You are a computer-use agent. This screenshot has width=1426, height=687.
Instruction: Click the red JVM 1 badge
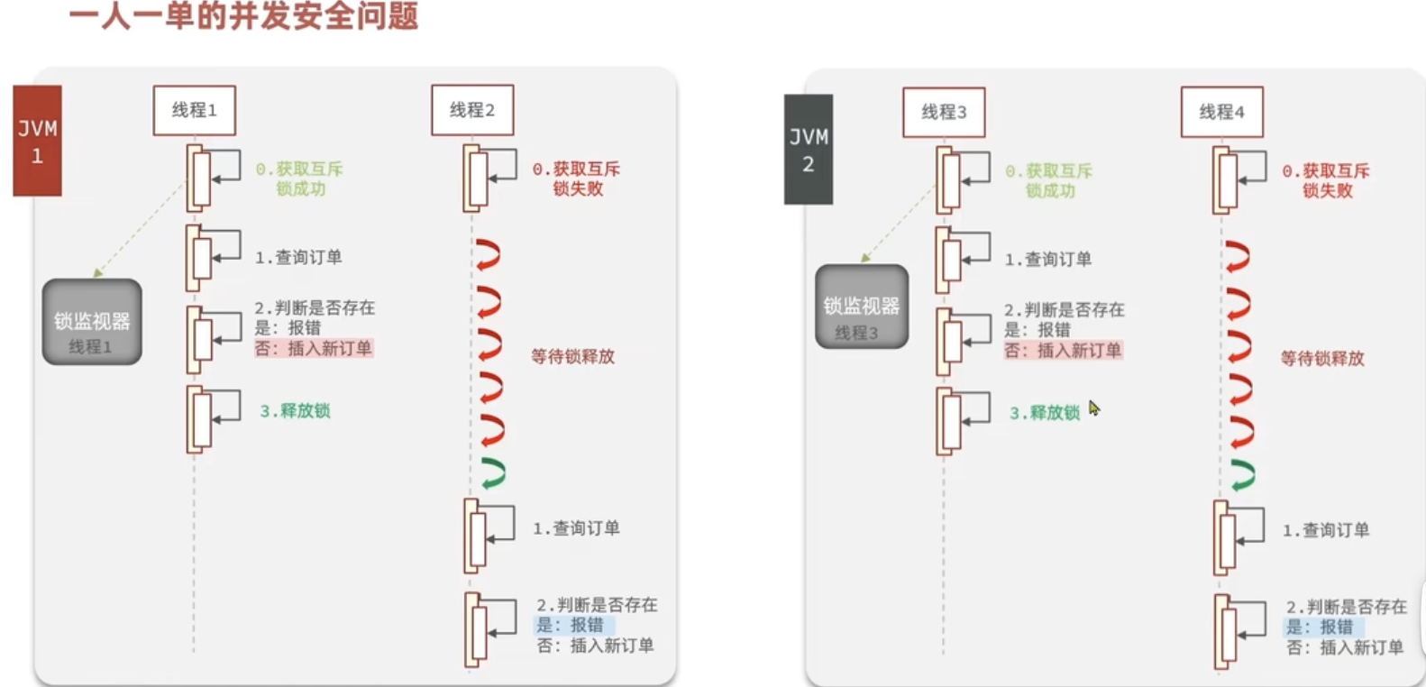tap(37, 141)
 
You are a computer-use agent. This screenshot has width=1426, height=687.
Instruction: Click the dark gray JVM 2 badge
tap(808, 150)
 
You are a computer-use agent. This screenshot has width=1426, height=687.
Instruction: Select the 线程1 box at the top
tap(194, 110)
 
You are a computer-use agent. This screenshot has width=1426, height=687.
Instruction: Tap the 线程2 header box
tap(472, 110)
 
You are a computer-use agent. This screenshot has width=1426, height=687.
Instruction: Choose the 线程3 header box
tap(944, 112)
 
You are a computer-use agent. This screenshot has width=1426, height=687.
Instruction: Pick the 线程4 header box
tap(1221, 112)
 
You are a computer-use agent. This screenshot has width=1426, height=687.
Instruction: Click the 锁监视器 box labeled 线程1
tap(92, 322)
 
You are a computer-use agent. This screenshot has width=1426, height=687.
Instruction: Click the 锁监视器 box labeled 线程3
tap(861, 307)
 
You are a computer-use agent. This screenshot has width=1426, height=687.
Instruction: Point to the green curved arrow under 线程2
tap(493, 473)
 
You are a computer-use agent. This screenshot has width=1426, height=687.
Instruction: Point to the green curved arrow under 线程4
tap(1243, 475)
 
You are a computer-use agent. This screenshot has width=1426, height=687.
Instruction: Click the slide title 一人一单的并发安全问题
tap(243, 16)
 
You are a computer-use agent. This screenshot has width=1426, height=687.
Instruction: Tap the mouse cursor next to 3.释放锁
tap(1093, 408)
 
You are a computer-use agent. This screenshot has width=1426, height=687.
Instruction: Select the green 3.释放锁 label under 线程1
tap(295, 411)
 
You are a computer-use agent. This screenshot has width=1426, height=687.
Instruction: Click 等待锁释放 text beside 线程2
tap(572, 357)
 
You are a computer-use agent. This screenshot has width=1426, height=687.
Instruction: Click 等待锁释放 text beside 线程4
tap(1322, 359)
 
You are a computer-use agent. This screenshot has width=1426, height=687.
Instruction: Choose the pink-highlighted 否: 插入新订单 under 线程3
tap(1063, 351)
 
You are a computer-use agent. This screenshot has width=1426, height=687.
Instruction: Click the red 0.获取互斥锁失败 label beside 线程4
tap(1326, 180)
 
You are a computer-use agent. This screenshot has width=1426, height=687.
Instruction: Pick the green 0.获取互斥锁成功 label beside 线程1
tap(299, 179)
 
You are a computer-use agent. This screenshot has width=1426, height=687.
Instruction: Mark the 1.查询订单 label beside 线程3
tap(1047, 260)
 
